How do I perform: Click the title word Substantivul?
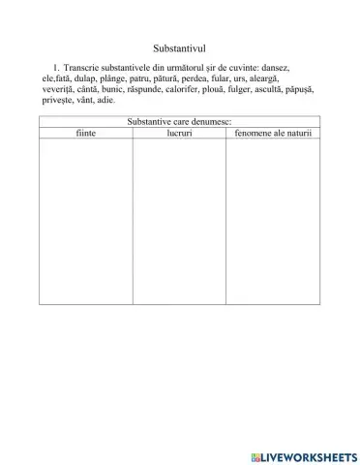[180, 46]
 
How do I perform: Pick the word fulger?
[259, 88]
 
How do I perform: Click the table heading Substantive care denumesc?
[179, 122]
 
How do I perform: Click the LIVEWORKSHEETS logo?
[302, 454]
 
